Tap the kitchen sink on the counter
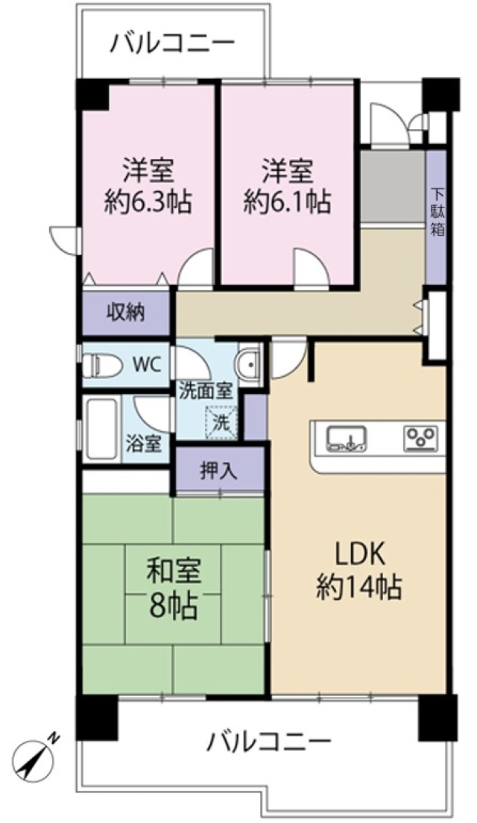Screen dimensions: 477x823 pyautogui.click(x=346, y=438)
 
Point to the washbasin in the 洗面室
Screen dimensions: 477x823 pyautogui.click(x=248, y=364)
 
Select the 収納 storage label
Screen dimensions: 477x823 pyautogui.click(x=126, y=313)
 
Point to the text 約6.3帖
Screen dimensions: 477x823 pyautogui.click(x=148, y=201)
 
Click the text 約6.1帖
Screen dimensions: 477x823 pyautogui.click(x=287, y=201)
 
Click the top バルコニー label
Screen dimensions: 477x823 pyautogui.click(x=172, y=43)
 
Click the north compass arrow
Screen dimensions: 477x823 pyautogui.click(x=33, y=755)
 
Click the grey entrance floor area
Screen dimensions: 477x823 pyautogui.click(x=393, y=187)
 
